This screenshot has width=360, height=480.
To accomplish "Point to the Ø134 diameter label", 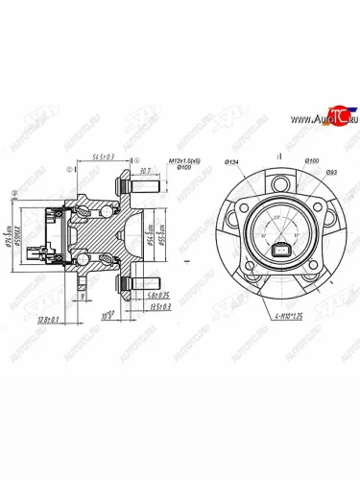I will coord(232,160).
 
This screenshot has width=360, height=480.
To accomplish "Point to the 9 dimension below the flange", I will coord(85,299).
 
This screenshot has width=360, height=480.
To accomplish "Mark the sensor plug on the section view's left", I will coord(39,254).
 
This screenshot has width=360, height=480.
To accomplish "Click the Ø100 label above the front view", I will coord(311,160).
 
